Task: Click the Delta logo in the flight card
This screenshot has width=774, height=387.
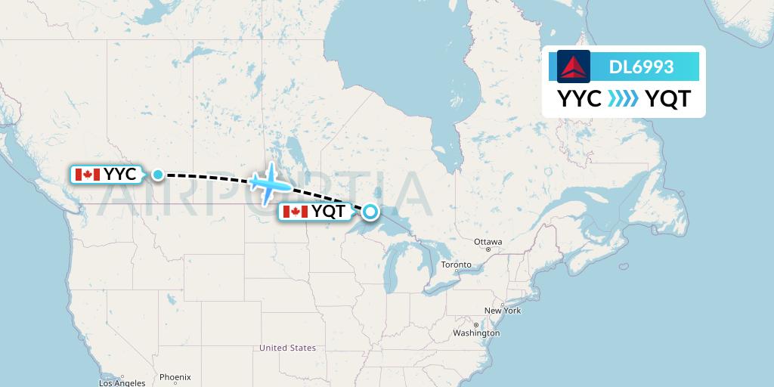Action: [574, 66]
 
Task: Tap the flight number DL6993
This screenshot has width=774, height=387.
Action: [641, 67]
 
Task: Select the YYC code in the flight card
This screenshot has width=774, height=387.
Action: [580, 99]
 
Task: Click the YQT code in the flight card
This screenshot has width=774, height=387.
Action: [667, 99]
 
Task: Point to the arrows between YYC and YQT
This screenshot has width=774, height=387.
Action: [624, 99]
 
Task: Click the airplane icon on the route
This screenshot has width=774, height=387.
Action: [268, 182]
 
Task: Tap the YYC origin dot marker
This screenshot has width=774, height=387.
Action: [157, 175]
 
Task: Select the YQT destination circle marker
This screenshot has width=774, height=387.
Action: [370, 212]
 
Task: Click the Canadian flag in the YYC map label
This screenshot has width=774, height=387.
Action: [88, 175]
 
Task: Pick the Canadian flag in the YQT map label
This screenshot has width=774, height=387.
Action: [296, 212]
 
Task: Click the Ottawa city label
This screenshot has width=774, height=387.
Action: [488, 242]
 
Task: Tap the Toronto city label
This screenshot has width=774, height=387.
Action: [456, 265]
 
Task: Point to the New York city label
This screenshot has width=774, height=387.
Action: [503, 311]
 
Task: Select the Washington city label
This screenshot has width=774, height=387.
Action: [477, 333]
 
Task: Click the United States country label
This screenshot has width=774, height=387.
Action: [287, 348]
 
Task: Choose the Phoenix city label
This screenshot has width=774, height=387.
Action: [175, 376]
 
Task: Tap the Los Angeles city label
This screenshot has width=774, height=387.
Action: [122, 383]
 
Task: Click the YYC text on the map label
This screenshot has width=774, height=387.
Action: [120, 175]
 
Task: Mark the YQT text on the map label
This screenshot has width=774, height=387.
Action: [329, 212]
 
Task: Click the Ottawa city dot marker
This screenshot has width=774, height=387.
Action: [488, 249]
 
